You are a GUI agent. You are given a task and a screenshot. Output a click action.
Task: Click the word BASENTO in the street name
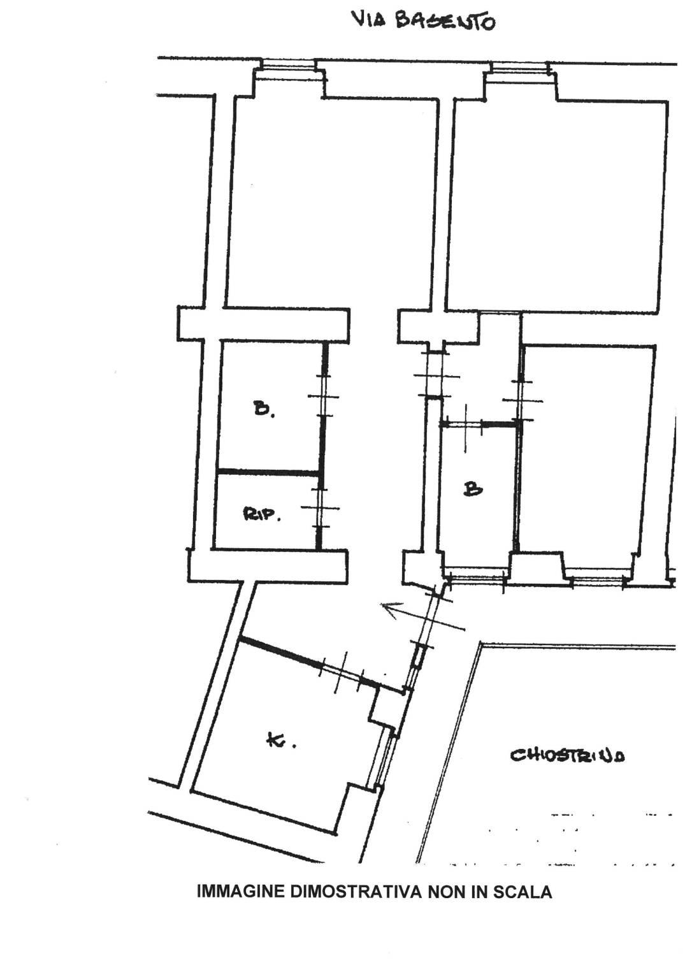click(445, 20)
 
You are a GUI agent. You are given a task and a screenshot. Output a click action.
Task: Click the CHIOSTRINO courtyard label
click(567, 755)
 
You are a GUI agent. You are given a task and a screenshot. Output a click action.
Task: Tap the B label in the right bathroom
click(473, 489)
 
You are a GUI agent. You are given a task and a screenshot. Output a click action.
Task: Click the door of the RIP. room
click(321, 508)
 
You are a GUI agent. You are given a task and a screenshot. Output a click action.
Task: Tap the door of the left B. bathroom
click(324, 396)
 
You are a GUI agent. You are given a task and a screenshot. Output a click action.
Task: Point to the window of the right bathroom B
click(475, 579)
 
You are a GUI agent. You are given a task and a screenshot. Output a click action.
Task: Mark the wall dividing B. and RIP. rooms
click(268, 472)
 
